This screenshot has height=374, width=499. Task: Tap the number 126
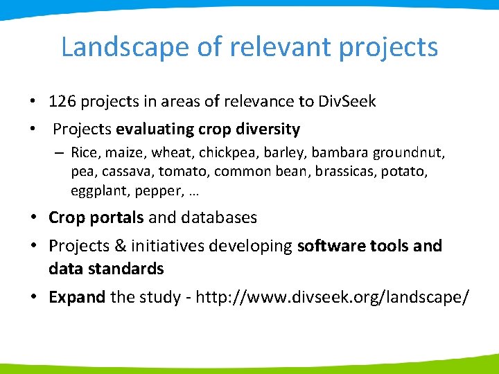(x=62, y=102)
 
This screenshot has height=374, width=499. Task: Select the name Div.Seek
(x=347, y=102)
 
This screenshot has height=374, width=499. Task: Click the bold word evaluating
(x=156, y=130)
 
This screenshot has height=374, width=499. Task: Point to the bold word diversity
(x=268, y=130)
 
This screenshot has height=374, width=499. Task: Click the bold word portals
(x=119, y=217)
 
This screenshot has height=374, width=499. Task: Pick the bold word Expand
(x=77, y=297)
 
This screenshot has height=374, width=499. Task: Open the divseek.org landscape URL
(x=333, y=297)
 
